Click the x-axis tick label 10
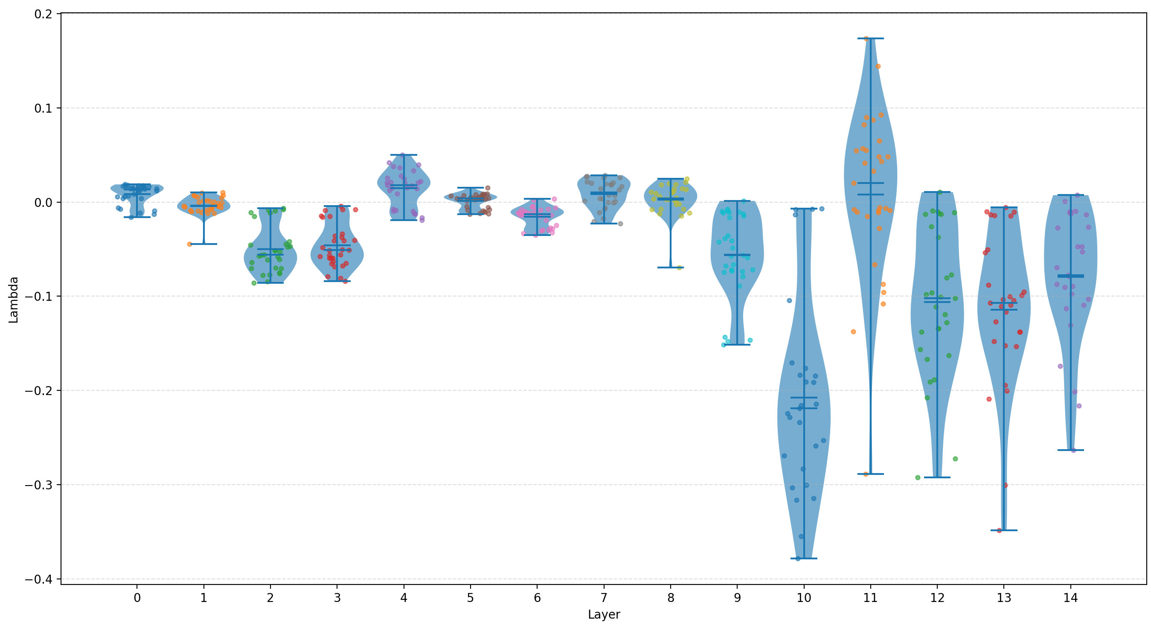(803, 598)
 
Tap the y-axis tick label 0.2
(44, 14)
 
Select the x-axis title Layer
(604, 615)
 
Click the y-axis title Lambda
(13, 299)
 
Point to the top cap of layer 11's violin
(870, 38)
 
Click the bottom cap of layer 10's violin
(804, 559)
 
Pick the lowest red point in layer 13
(1000, 531)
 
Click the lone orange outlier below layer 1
(189, 244)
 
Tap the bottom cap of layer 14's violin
(1070, 450)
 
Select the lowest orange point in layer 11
(866, 474)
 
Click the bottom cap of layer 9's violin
(737, 345)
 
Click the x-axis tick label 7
(604, 598)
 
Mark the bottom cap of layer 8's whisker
(670, 267)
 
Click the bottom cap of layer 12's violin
(937, 477)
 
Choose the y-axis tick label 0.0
(44, 203)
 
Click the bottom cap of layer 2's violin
(270, 282)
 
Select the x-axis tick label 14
(1070, 598)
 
